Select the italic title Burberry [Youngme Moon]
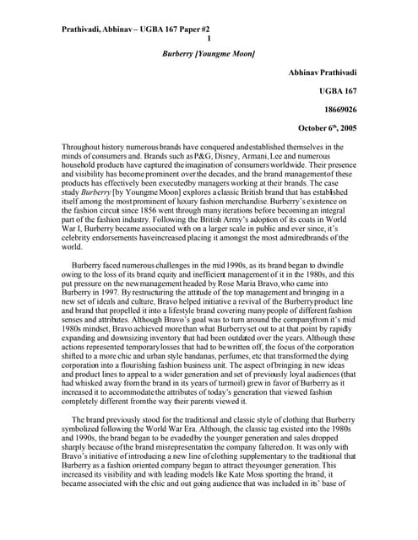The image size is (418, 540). point(209,53)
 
